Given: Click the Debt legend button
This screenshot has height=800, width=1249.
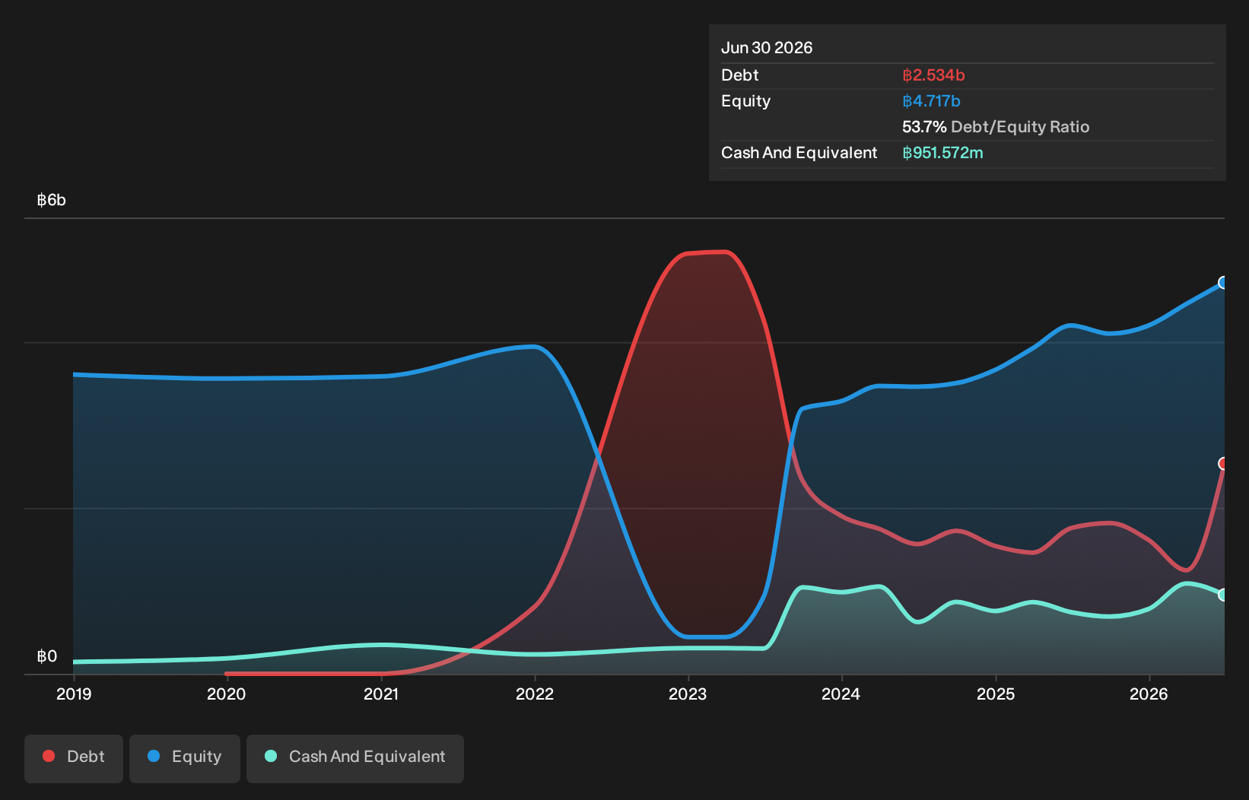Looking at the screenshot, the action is coord(74,758).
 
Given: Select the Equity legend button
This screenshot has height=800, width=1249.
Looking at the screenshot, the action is coord(185,758).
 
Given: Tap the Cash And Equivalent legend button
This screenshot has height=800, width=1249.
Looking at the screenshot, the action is coord(355,758).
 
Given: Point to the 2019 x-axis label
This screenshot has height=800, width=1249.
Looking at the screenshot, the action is coord(74,694).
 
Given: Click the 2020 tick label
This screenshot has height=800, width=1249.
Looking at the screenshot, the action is coord(227,694).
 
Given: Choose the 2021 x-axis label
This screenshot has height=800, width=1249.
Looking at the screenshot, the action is coord(381,694).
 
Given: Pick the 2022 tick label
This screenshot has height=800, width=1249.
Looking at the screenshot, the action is coord(535,694).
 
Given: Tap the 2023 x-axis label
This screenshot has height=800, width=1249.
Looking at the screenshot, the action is coord(688,694).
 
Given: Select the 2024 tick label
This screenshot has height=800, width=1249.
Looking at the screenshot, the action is coord(841,694).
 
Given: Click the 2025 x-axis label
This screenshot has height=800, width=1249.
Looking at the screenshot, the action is coord(996,694).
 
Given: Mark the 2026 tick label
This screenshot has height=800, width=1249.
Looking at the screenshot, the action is coord(1149,694).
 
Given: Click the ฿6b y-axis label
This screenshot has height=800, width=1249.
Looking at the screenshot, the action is coord(51,200).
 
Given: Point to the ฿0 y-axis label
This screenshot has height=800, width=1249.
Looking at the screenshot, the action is coord(47,656).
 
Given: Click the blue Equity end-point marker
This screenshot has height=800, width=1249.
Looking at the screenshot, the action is coord(1222,283).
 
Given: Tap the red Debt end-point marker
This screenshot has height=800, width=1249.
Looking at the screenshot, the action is coord(1222,463).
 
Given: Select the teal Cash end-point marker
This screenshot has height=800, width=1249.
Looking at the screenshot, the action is coord(1222,595).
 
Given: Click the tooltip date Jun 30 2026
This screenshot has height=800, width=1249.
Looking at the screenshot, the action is coord(767,48).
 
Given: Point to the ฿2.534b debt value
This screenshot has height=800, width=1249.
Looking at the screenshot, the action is coord(934,75).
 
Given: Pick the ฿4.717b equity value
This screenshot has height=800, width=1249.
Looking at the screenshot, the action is coord(932,101).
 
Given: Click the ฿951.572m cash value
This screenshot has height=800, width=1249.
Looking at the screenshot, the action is coord(943,153).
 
